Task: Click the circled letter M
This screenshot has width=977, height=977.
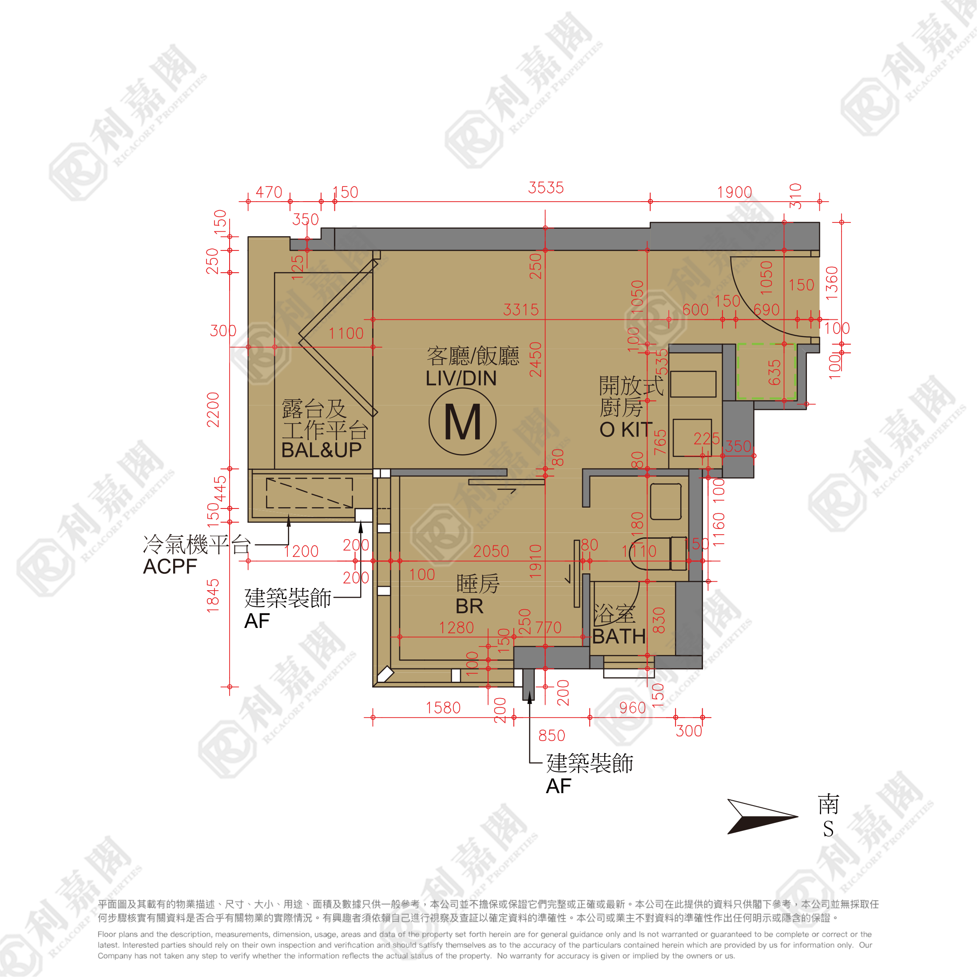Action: pyautogui.click(x=462, y=422)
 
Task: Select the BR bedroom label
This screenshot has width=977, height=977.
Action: pyautogui.click(x=469, y=606)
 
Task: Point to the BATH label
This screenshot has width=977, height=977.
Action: pyautogui.click(x=619, y=636)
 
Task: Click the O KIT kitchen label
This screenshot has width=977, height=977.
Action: pyautogui.click(x=626, y=430)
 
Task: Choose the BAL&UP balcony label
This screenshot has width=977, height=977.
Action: pyautogui.click(x=321, y=449)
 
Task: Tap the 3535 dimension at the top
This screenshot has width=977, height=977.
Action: pyautogui.click(x=546, y=187)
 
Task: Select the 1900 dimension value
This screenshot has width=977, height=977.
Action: pyautogui.click(x=734, y=192)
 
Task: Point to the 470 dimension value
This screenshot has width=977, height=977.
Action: pyautogui.click(x=269, y=192)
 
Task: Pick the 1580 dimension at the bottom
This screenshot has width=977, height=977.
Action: pyautogui.click(x=443, y=707)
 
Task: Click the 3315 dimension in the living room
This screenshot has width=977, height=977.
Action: pyautogui.click(x=521, y=310)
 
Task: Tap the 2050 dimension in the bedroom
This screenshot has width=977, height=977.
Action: pyautogui.click(x=491, y=551)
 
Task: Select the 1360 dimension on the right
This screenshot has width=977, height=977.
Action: pyautogui.click(x=832, y=283)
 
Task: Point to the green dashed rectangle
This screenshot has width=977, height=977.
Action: pyautogui.click(x=766, y=371)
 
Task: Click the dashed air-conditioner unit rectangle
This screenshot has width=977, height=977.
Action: pyautogui.click(x=309, y=492)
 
